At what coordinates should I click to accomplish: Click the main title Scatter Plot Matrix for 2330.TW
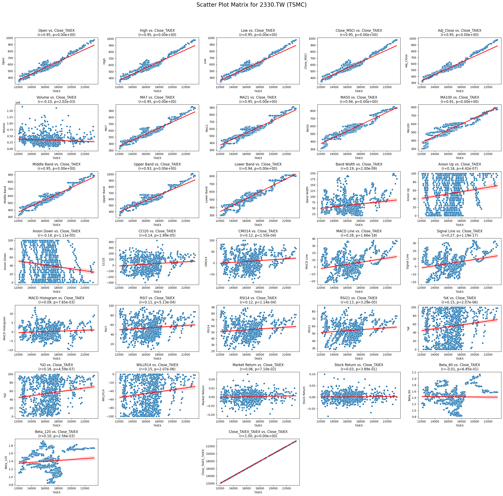click(251, 5)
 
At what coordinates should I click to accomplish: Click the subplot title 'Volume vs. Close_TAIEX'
click(57, 97)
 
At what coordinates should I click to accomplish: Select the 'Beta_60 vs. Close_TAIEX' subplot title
click(459, 365)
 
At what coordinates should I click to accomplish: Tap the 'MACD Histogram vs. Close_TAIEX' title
click(57, 298)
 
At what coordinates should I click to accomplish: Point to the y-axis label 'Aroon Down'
click(5, 261)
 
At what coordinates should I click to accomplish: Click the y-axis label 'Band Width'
click(307, 195)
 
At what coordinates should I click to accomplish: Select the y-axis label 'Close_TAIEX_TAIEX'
click(203, 462)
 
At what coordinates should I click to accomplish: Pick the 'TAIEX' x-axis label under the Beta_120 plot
click(57, 492)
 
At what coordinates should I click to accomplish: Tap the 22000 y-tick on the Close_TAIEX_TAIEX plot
click(211, 446)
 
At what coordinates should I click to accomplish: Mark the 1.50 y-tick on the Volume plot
click(10, 111)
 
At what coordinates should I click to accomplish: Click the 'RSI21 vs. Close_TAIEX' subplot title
click(359, 298)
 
